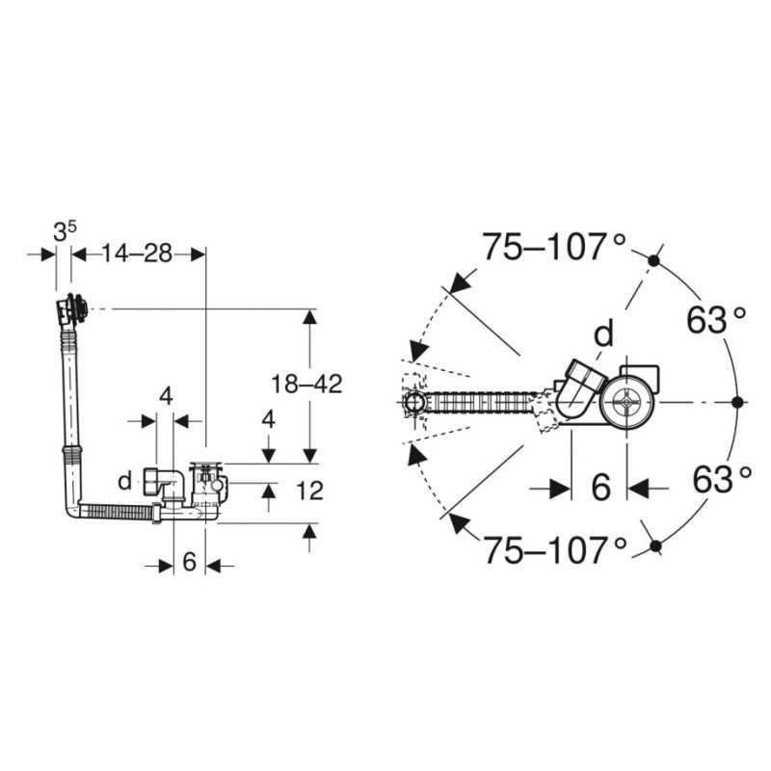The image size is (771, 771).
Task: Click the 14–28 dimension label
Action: pos(137,253)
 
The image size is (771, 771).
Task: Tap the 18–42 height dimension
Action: pos(306,384)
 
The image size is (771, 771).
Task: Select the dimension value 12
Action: pos(309,491)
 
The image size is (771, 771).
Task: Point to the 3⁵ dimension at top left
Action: pos(65,231)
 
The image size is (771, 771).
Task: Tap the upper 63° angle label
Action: pos(716,320)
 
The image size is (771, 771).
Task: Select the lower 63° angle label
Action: pos(722,479)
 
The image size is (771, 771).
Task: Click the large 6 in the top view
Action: pos(600,488)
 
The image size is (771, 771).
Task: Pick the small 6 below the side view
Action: pos(189,562)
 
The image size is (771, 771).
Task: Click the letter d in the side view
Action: pos(125,480)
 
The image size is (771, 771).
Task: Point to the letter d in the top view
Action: pos(604,332)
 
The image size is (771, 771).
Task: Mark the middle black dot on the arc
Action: pos(736,402)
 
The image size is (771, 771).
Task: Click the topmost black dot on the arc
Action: pos(653,260)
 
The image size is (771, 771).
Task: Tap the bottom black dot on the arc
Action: pos(655,545)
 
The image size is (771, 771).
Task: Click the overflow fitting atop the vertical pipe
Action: pos(71,308)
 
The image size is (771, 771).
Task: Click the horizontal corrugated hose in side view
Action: pos(118,513)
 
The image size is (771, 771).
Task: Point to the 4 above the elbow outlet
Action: pos(166,396)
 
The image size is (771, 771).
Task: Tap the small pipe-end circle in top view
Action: pos(414,403)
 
